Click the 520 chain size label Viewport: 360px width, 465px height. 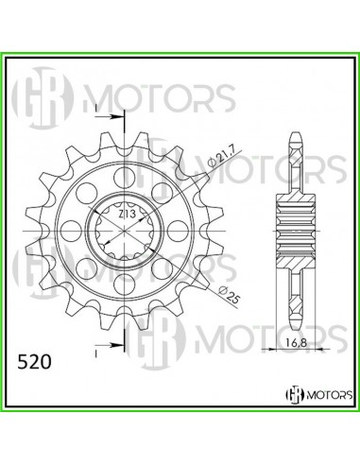[x=35, y=362]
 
